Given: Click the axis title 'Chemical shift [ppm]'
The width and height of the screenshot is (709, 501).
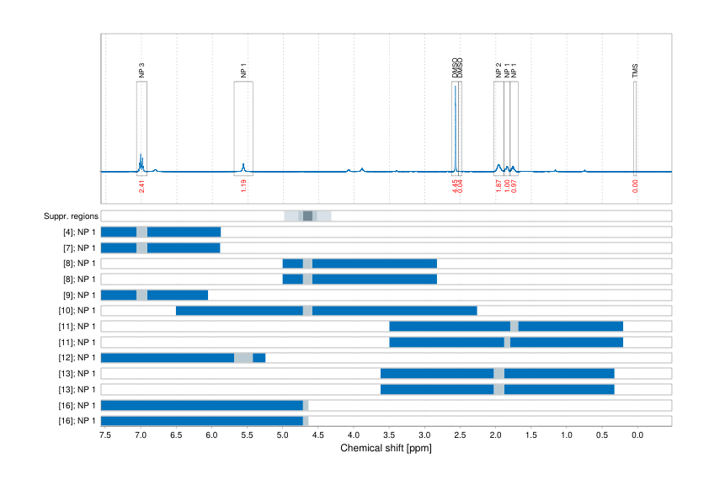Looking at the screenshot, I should (386, 449).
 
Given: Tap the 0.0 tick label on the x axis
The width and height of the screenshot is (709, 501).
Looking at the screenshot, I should (637, 435).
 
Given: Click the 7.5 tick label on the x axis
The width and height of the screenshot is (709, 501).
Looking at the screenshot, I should (104, 435).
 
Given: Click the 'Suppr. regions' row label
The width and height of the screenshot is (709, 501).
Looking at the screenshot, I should (70, 216).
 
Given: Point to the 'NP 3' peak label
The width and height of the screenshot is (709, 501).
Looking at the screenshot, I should (141, 71).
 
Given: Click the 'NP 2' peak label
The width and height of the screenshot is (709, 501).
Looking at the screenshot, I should (498, 71).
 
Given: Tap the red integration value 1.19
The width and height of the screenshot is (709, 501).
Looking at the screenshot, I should (243, 185).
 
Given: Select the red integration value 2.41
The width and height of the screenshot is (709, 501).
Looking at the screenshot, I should (141, 185).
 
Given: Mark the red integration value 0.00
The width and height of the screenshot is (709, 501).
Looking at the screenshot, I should (635, 185).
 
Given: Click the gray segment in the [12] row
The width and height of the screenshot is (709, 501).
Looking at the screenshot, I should (243, 358).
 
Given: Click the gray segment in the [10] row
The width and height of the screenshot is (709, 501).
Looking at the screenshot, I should (307, 311).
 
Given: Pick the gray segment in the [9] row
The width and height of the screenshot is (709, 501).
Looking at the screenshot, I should (141, 295).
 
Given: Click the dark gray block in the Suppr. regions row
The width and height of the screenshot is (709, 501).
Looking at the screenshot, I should (307, 216).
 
